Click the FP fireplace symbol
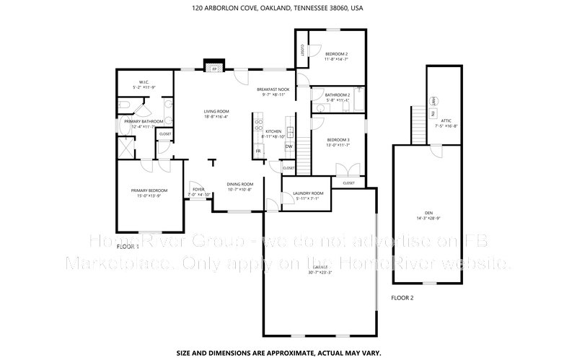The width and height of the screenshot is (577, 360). coord(213,70)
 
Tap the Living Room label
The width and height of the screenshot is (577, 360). coord(215,111)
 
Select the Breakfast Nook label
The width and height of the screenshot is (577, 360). coord(274,89)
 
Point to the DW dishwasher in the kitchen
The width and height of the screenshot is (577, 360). coord(288,147)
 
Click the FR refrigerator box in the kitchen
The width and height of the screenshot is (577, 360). coord(257,152)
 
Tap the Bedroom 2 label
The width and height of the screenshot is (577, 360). coord(336,54)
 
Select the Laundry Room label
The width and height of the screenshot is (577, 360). coord(307,193)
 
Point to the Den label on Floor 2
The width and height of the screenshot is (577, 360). coord(428,213)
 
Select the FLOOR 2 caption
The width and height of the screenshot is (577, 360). coord(402,297)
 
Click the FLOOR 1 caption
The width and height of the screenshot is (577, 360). coord(128,247)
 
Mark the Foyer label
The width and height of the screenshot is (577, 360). coord(198,190)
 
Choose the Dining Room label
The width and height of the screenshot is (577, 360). coord(239,184)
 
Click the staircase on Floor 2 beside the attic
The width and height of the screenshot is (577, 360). coord(418,123)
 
